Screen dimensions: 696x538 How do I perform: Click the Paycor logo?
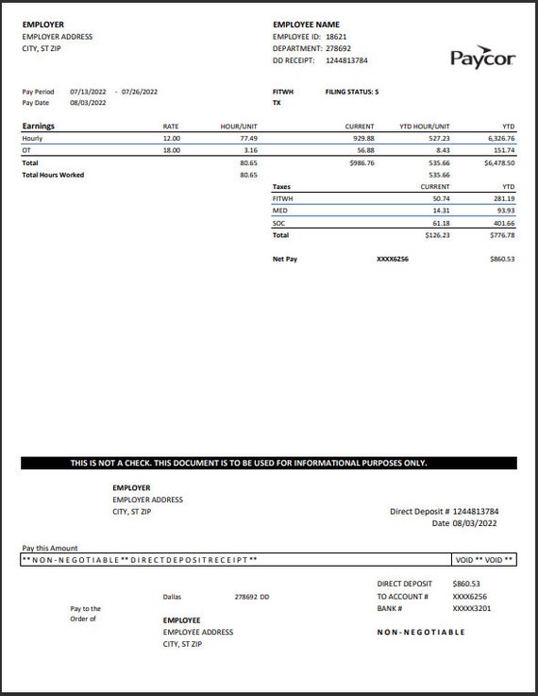click(x=482, y=59)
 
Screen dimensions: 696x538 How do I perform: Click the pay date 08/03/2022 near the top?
click(x=88, y=103)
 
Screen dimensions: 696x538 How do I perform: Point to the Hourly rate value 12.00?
click(x=171, y=138)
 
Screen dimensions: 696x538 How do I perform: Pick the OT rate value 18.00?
click(x=171, y=150)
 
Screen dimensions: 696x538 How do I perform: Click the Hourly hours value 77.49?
click(x=248, y=138)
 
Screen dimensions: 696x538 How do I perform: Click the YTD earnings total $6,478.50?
click(x=499, y=162)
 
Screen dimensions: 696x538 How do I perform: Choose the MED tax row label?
click(x=279, y=211)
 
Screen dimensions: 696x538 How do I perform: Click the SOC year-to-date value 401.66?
click(x=503, y=223)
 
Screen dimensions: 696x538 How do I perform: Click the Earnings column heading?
click(x=39, y=126)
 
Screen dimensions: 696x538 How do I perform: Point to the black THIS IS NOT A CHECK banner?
click(x=269, y=463)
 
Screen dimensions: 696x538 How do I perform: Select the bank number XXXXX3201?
click(x=472, y=609)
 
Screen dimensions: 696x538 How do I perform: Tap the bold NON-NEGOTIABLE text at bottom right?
click(x=421, y=633)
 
